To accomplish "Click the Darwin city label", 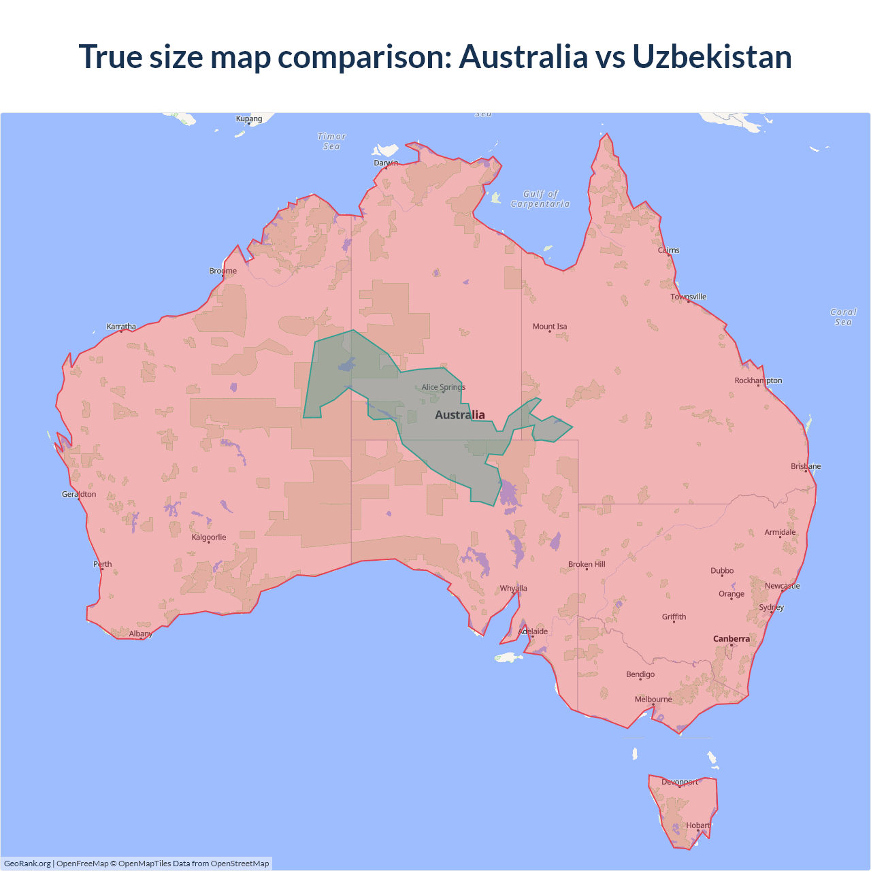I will click(386, 163).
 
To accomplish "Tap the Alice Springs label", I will click(443, 387).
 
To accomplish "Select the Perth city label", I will click(103, 564).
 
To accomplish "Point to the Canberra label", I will click(732, 639).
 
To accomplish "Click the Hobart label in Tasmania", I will click(698, 825).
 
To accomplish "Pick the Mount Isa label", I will click(550, 327).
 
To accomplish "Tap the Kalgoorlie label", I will click(209, 538).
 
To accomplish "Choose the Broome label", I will click(223, 271).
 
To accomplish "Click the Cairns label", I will click(668, 250).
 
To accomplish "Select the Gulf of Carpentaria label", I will click(540, 199).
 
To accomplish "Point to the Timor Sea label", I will click(332, 142).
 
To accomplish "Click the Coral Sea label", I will click(843, 317).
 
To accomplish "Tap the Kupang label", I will click(249, 119).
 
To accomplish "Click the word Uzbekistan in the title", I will click(712, 56).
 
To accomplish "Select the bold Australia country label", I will click(460, 415).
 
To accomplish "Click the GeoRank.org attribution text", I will click(27, 864).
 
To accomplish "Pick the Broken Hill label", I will click(587, 565).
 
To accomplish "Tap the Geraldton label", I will click(79, 495).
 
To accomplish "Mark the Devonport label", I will click(680, 783).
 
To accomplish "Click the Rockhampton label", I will click(758, 381).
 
